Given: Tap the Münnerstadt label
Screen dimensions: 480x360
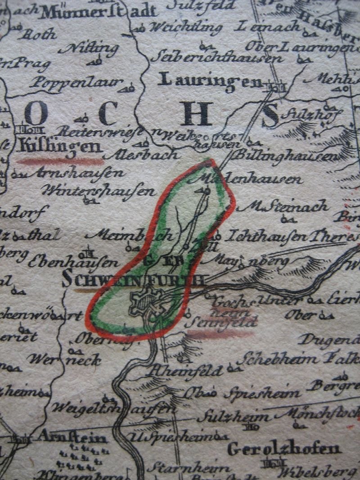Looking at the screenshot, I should (98, 12).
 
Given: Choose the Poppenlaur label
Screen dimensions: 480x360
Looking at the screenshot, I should (76, 82).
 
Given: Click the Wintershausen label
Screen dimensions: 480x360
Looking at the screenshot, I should (99, 191).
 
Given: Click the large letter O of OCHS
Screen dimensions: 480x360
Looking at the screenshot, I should (36, 113).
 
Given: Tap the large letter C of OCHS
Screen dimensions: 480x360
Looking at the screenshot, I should (108, 113).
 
